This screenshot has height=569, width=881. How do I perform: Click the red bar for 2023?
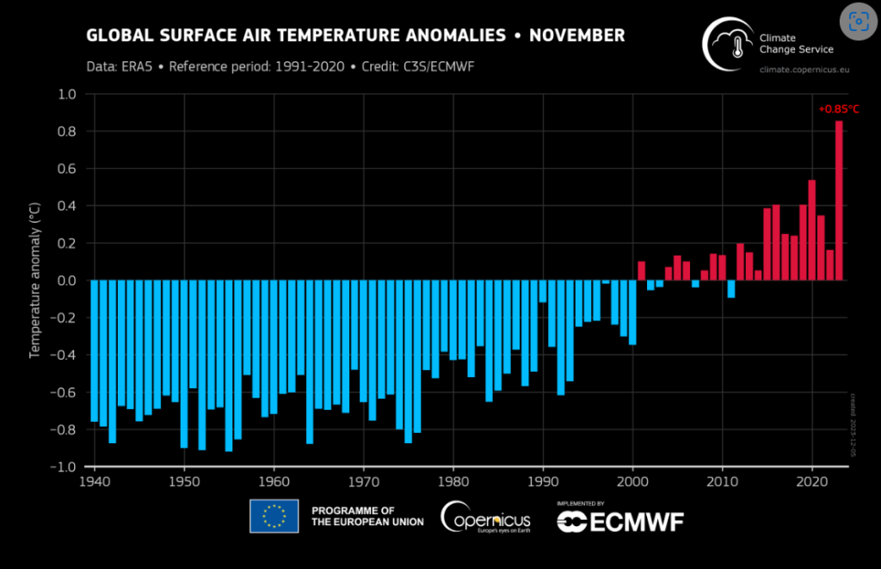pyautogui.click(x=839, y=201)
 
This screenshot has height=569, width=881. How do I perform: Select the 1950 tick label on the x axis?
pyautogui.click(x=184, y=479)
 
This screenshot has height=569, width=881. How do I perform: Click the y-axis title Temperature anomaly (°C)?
pyautogui.click(x=35, y=280)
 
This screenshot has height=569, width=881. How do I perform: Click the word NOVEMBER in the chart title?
pyautogui.click(x=576, y=35)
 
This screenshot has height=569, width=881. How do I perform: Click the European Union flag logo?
pyautogui.click(x=274, y=516)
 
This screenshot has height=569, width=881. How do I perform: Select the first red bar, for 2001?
pyautogui.click(x=641, y=270)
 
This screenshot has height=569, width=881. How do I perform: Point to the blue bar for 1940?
pyautogui.click(x=95, y=351)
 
